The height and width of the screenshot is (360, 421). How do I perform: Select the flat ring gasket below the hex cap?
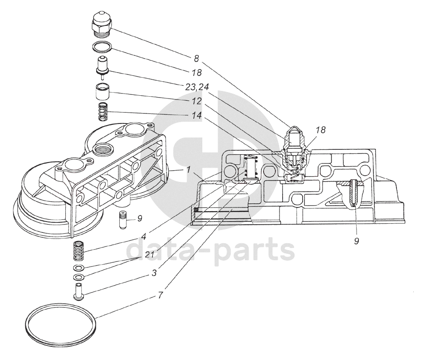pyautogui.click(x=102, y=47)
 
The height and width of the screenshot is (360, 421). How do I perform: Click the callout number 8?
pyautogui.click(x=196, y=59)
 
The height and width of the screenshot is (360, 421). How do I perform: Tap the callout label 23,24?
pyautogui.click(x=197, y=87)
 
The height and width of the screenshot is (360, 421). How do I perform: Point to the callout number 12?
pyautogui.click(x=197, y=101)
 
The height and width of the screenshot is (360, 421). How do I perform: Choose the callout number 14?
pyautogui.click(x=197, y=115)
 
